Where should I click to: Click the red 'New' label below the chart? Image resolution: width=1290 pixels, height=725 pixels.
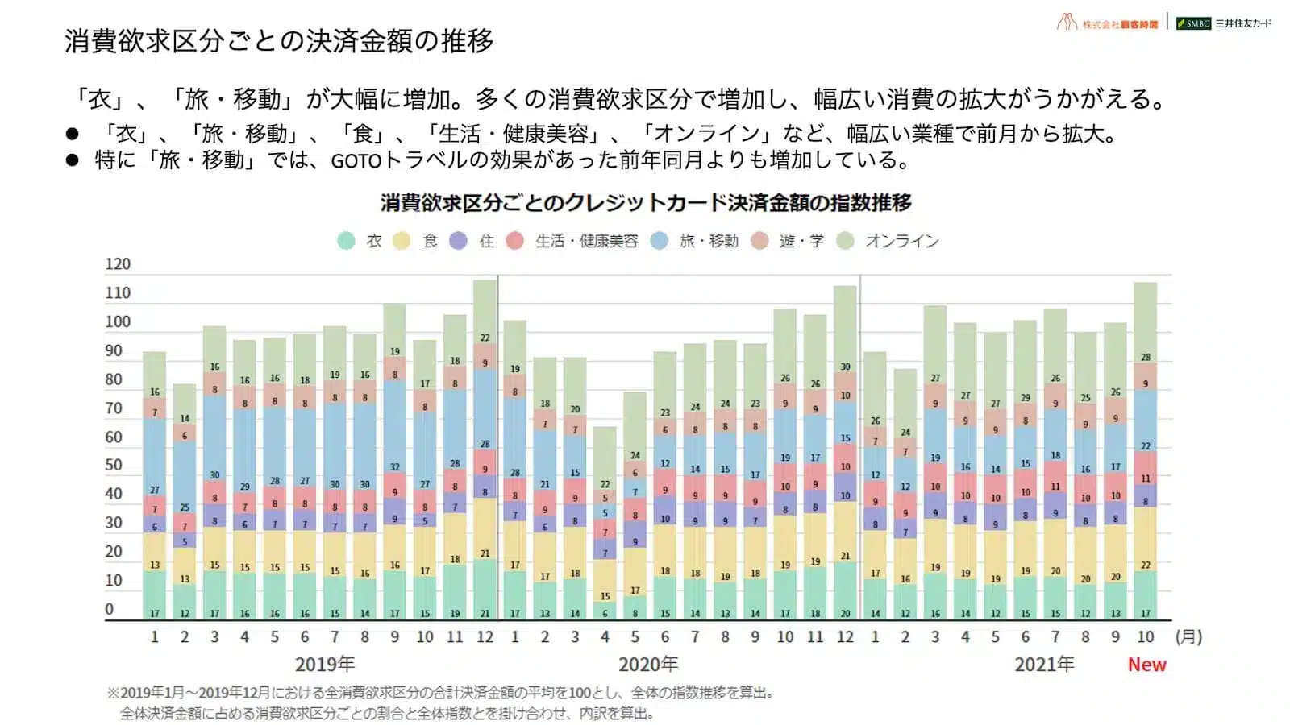[1146, 665]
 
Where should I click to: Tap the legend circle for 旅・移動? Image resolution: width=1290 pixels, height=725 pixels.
[660, 241]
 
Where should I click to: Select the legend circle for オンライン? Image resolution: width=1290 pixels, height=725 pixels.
[845, 241]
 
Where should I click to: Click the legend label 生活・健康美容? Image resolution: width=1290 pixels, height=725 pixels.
[586, 241]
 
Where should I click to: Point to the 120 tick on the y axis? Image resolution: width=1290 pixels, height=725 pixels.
[118, 264]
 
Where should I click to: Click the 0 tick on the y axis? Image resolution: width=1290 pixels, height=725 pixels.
[110, 609]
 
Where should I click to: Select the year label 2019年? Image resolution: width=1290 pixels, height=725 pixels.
[325, 665]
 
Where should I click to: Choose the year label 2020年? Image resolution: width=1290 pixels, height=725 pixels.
[648, 665]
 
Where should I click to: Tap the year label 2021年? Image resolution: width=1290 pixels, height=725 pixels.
[1044, 665]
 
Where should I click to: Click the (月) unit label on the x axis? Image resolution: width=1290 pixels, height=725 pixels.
[1188, 636]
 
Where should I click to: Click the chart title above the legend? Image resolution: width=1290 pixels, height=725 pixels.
[646, 202]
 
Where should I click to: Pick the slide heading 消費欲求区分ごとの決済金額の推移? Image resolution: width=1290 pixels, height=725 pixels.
[279, 40]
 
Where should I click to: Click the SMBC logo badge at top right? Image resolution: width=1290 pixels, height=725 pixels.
[1193, 23]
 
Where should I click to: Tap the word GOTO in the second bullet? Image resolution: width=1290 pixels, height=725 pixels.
[356, 160]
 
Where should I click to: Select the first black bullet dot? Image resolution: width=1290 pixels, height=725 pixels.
[73, 134]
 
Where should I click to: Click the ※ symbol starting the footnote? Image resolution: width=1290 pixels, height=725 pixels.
[113, 693]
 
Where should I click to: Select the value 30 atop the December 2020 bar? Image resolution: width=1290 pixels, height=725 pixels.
[845, 367]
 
